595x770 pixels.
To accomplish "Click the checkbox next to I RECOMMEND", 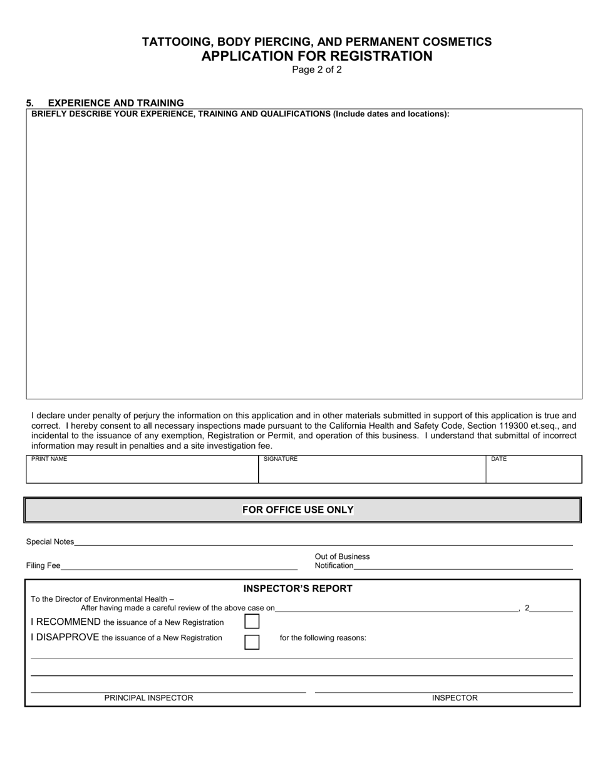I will click(252, 622).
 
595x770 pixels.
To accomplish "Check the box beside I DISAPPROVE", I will click(252, 642).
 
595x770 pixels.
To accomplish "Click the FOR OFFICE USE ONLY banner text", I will click(298, 510).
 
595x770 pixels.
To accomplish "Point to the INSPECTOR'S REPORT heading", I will click(298, 588).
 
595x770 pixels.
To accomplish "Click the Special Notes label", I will click(50, 542).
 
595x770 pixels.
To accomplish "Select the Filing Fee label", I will click(43, 565).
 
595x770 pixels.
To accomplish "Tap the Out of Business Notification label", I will click(341, 561).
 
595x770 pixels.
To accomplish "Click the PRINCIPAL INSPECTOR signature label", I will click(148, 697).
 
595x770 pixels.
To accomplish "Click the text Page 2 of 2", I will click(317, 69).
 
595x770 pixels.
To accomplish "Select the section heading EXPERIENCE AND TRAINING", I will click(116, 103).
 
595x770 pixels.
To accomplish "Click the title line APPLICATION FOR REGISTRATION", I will click(317, 56).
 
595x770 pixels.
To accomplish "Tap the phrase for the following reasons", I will click(323, 638).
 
